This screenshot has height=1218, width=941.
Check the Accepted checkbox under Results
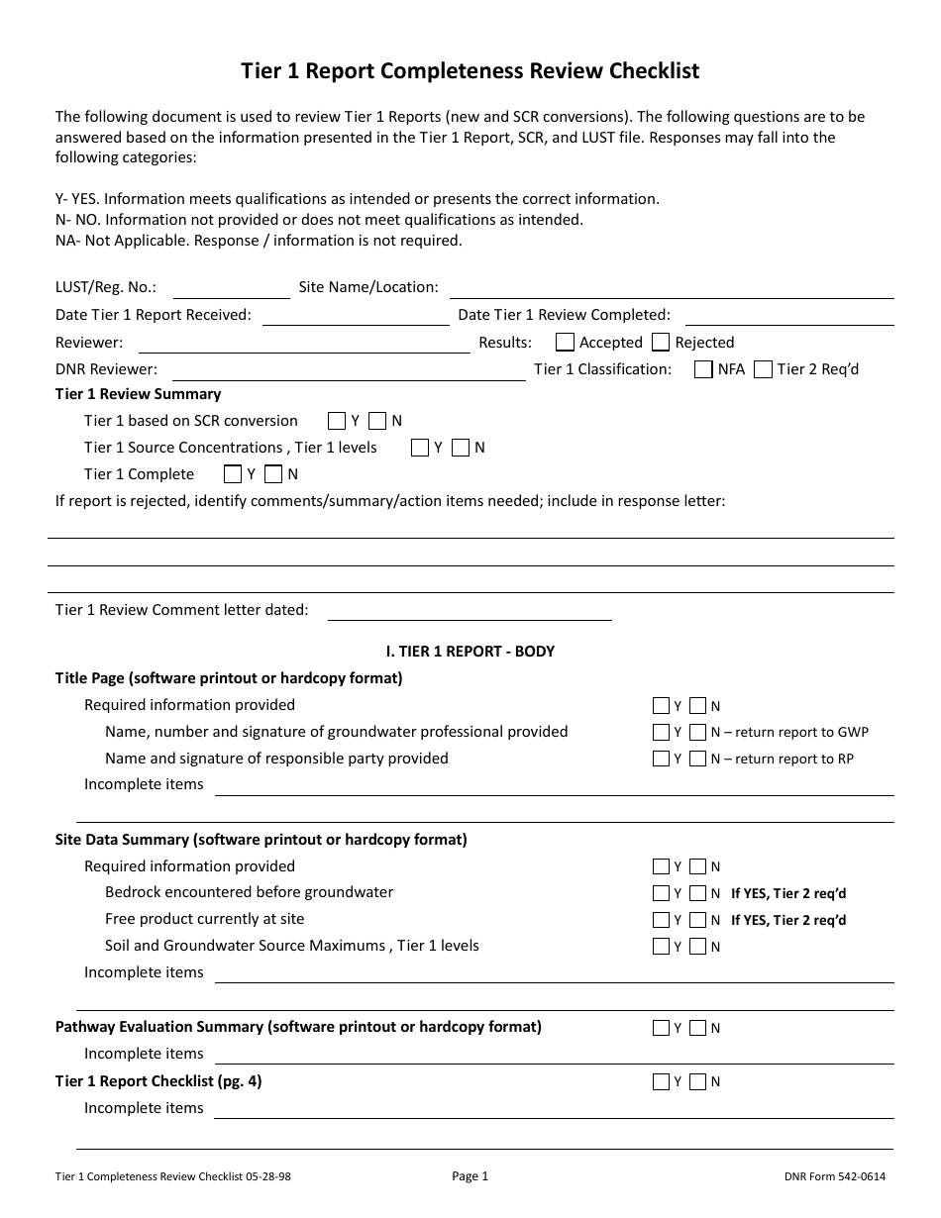pyautogui.click(x=565, y=343)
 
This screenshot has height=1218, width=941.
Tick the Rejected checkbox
pyautogui.click(x=661, y=343)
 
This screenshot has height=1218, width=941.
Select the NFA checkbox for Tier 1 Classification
pyautogui.click(x=703, y=369)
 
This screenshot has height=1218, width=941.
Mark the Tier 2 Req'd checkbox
pyautogui.click(x=763, y=369)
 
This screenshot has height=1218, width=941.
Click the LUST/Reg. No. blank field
pyautogui.click(x=231, y=289)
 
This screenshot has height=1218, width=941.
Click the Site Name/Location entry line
pyautogui.click(x=671, y=289)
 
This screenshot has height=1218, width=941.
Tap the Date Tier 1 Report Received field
pyautogui.click(x=355, y=316)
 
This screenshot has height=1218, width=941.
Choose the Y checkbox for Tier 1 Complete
pyautogui.click(x=233, y=474)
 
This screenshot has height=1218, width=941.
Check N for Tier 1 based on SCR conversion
pyautogui.click(x=377, y=421)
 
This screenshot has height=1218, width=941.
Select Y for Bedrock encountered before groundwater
pyautogui.click(x=662, y=893)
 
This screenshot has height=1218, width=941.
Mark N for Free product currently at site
pyautogui.click(x=698, y=920)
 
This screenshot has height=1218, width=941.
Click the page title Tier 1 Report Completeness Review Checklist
pyautogui.click(x=470, y=71)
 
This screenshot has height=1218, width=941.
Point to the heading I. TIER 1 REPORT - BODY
pyautogui.click(x=470, y=652)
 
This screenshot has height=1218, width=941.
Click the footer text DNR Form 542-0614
pyautogui.click(x=834, y=1177)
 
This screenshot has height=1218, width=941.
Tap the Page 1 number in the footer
pyautogui.click(x=470, y=1176)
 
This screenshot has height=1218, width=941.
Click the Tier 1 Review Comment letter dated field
pyautogui.click(x=469, y=612)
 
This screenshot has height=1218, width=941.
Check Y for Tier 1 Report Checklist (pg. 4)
pyautogui.click(x=662, y=1082)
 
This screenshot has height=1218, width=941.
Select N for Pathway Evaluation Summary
pyautogui.click(x=698, y=1029)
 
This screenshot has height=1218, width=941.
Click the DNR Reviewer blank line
pyautogui.click(x=348, y=370)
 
